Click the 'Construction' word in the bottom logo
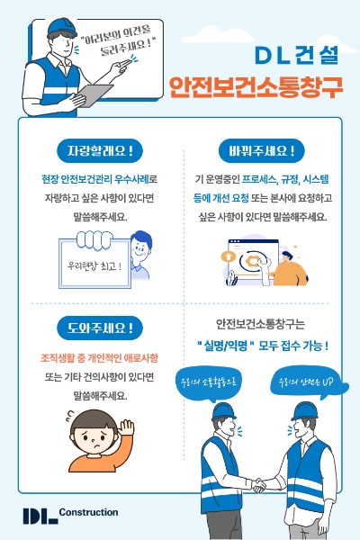(x=88, y=511)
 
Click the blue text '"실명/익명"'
(x=228, y=345)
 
